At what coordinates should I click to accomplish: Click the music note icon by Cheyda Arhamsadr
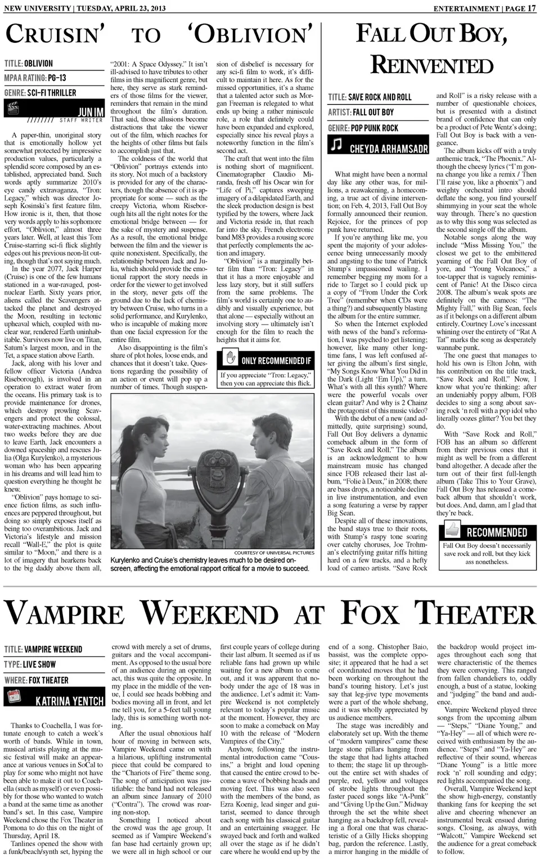pyautogui.click(x=336, y=145)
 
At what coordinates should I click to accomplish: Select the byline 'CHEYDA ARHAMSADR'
pyautogui.click(x=389, y=148)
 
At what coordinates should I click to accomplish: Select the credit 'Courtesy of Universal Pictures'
pyautogui.click(x=274, y=552)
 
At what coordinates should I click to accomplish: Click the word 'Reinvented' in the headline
pyautogui.click(x=431, y=65)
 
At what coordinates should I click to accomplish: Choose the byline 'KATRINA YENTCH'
pyautogui.click(x=70, y=701)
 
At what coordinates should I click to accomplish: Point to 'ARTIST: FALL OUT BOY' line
pyautogui.click(x=361, y=112)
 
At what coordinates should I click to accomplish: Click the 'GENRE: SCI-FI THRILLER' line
pyautogui.click(x=40, y=92)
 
